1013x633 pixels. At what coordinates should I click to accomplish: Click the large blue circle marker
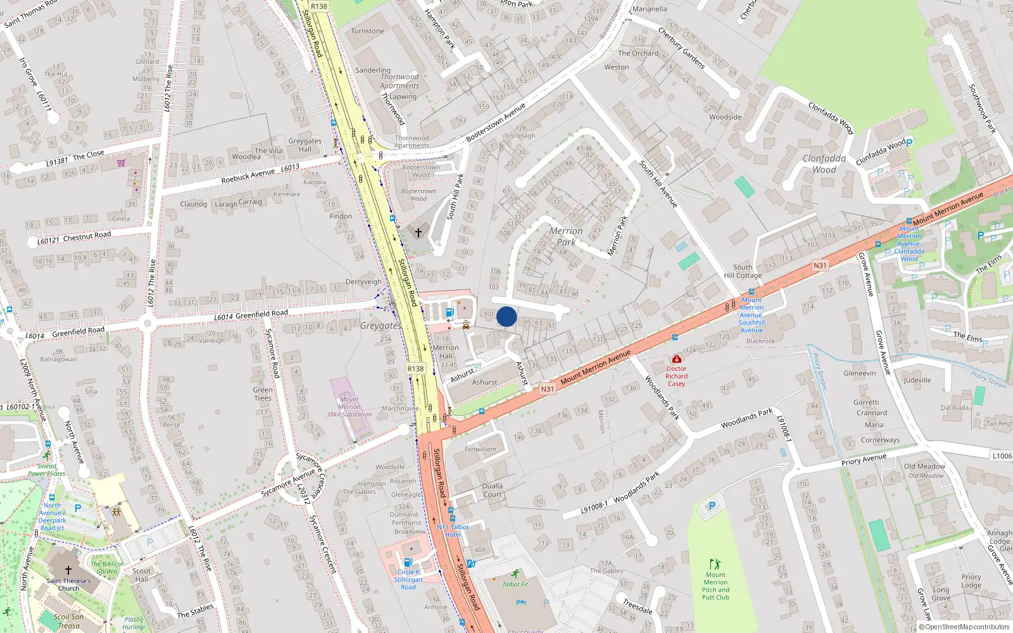click(x=507, y=316)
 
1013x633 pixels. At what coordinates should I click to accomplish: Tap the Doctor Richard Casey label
click(x=676, y=376)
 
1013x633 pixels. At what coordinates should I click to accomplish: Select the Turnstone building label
click(x=367, y=31)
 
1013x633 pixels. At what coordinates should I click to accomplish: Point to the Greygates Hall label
click(x=305, y=145)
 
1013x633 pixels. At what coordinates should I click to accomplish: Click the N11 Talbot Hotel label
click(x=453, y=530)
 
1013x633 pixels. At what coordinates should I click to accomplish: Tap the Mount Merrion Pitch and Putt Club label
click(x=715, y=586)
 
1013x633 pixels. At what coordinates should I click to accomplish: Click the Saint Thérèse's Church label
click(x=68, y=584)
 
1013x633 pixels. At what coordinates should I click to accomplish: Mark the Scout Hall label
click(x=141, y=575)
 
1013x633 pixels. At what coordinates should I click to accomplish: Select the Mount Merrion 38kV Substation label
click(x=349, y=407)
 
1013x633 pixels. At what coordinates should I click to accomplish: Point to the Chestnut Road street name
click(x=87, y=235)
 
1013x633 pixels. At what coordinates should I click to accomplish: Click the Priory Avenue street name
click(x=864, y=459)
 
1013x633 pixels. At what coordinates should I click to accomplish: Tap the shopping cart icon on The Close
click(x=121, y=163)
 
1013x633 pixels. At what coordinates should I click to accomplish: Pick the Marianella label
click(x=650, y=9)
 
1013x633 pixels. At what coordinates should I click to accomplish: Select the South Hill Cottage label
click(x=743, y=272)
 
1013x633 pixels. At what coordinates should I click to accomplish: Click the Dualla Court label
click(x=493, y=491)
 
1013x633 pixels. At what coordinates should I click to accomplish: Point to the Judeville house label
click(x=917, y=380)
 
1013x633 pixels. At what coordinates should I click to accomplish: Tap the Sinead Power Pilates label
click(x=46, y=470)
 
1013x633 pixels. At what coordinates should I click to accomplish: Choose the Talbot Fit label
click(x=515, y=584)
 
